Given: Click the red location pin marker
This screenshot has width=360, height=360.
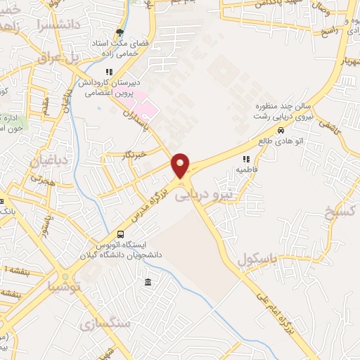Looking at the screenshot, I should pyautogui.click(x=181, y=166).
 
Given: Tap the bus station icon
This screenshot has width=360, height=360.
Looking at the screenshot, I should pyautogui.click(x=121, y=235).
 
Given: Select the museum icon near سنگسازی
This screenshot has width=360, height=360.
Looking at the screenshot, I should pyautogui.click(x=147, y=283).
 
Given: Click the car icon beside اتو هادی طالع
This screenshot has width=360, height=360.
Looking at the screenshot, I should pyautogui.click(x=281, y=130).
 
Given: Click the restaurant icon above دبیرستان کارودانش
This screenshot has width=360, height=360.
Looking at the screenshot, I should pyautogui.click(x=108, y=72).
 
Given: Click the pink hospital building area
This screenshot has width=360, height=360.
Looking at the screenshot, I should pyautogui.click(x=146, y=105).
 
